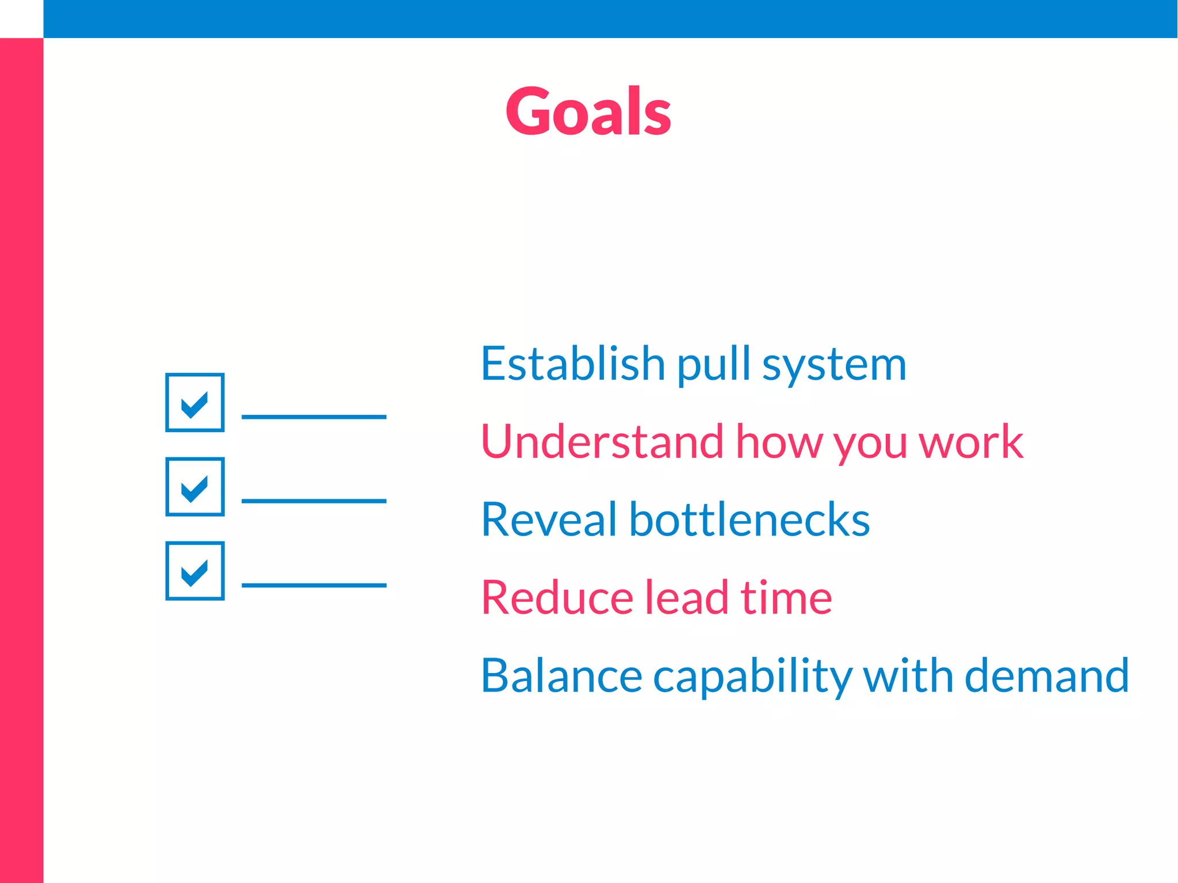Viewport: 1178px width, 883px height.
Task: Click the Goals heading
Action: pyautogui.click(x=588, y=111)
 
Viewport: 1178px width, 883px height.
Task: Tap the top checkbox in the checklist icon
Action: pyautogui.click(x=194, y=402)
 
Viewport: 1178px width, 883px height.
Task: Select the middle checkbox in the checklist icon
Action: pyautogui.click(x=194, y=487)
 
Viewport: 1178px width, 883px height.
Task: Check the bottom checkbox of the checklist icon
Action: pyautogui.click(x=194, y=571)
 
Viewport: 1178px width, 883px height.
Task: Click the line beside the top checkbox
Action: pyautogui.click(x=313, y=416)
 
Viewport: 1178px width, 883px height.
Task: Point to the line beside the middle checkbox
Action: pyautogui.click(x=313, y=501)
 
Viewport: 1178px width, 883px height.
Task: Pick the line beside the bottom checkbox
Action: pyautogui.click(x=313, y=585)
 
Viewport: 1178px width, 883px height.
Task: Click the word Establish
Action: pyautogui.click(x=573, y=364)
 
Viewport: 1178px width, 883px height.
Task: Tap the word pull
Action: pyautogui.click(x=713, y=365)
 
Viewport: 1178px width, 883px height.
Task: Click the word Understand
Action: pyautogui.click(x=602, y=442)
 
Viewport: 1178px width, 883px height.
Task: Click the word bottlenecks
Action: pyautogui.click(x=749, y=519)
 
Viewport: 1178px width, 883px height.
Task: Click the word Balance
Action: pyautogui.click(x=561, y=675)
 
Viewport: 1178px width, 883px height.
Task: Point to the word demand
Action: pyautogui.click(x=1046, y=675)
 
